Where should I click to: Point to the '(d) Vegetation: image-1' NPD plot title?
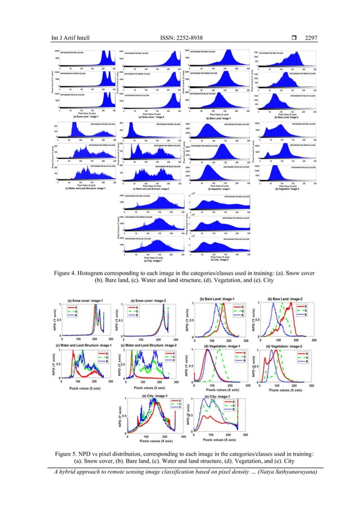coord(224,345)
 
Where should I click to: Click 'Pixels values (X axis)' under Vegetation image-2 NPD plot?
coord(286,389)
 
